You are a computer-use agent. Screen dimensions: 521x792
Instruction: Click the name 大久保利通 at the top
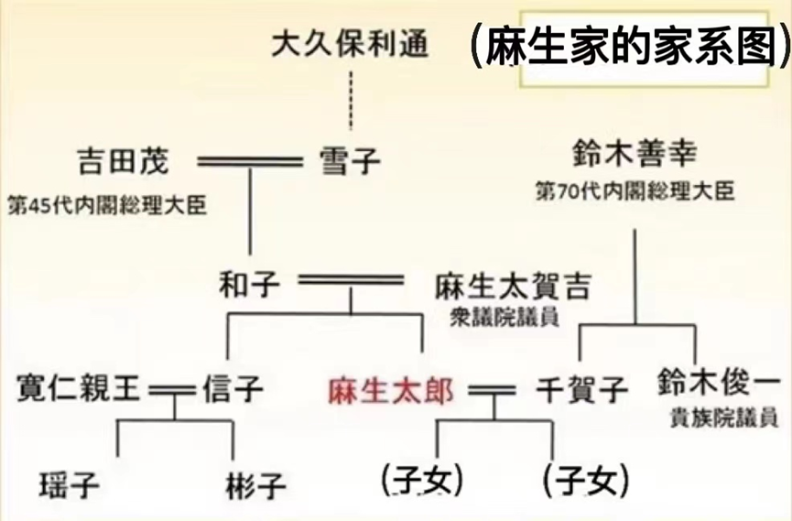click(x=351, y=43)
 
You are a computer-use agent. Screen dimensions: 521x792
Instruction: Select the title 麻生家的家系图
click(x=630, y=48)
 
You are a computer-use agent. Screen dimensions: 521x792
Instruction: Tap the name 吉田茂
click(x=123, y=161)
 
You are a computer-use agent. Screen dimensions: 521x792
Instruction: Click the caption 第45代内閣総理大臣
click(x=106, y=203)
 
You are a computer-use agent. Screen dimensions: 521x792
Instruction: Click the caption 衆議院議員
click(x=503, y=317)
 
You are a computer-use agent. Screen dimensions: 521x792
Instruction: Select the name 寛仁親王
click(x=79, y=389)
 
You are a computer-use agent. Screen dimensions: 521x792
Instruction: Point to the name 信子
click(x=233, y=390)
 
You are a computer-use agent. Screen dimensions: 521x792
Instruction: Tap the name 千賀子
click(x=581, y=391)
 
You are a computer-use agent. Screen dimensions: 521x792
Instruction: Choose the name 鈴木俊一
click(x=719, y=382)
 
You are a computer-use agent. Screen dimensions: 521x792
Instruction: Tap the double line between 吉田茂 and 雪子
click(x=249, y=162)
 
